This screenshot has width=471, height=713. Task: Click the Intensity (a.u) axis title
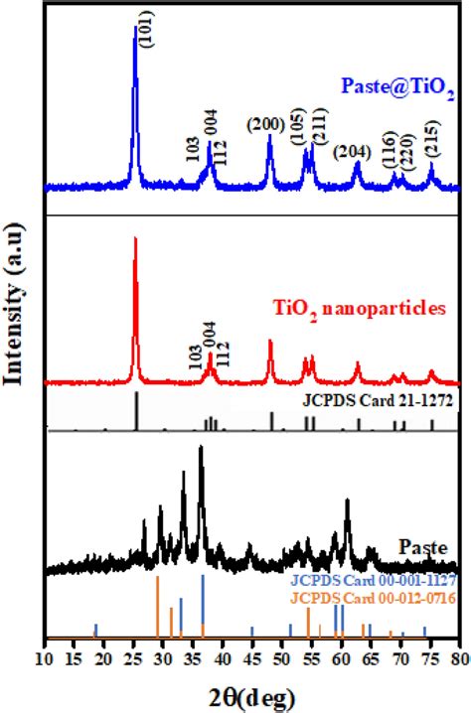17,317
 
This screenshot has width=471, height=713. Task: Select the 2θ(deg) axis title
250,692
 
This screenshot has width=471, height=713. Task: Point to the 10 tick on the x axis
46,657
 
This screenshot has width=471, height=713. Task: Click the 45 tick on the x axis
252,657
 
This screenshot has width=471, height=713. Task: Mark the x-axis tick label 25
134,657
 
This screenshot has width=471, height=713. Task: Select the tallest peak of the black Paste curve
202,449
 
